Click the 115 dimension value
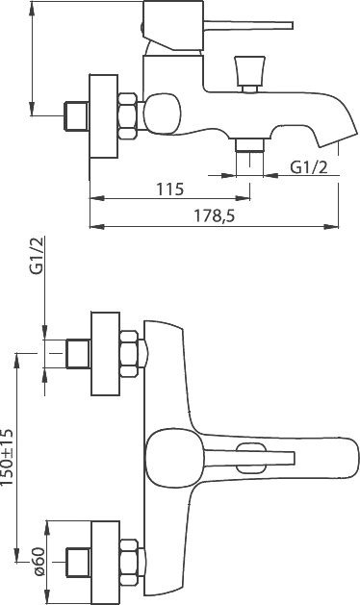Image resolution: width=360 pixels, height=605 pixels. point(170,189)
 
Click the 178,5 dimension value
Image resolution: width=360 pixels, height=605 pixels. point(214,216)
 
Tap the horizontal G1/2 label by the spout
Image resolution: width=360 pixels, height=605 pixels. point(309,167)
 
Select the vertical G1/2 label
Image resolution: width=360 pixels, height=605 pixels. point(38,256)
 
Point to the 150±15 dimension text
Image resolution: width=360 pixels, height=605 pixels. point(8,457)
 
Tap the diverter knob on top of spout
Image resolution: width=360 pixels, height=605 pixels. point(249,73)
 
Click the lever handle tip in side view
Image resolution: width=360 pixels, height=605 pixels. point(292,26)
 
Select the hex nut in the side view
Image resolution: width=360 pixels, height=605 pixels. point(128,116)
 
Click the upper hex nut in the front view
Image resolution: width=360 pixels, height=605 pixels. point(129,354)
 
